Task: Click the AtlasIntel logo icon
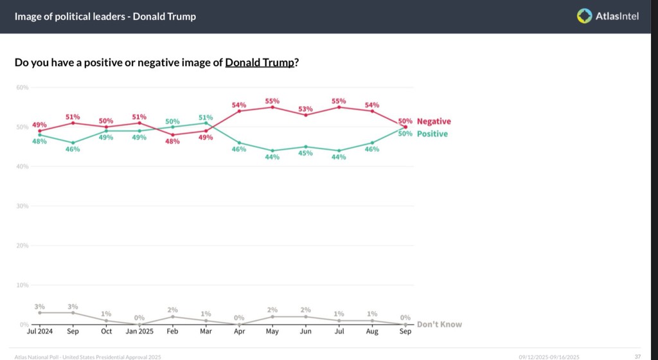(583, 16)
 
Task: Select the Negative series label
(434, 122)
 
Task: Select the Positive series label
(432, 134)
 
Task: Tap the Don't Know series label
(439, 324)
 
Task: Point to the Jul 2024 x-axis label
(40, 332)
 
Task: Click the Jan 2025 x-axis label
(139, 332)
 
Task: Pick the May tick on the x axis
(272, 332)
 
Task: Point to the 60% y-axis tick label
(22, 87)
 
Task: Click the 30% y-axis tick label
(22, 206)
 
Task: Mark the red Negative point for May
(272, 107)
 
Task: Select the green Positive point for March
(206, 123)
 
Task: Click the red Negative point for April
(239, 111)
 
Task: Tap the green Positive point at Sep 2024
(73, 143)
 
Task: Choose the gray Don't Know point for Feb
(173, 316)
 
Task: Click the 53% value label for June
(305, 109)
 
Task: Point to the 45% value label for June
(305, 153)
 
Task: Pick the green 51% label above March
(206, 117)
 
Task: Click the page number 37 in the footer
(637, 356)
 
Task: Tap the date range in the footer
(549, 356)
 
